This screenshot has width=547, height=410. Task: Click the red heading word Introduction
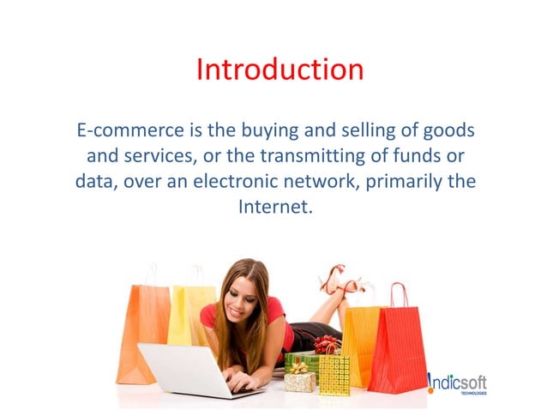click(280, 69)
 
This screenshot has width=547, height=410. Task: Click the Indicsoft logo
click(458, 383)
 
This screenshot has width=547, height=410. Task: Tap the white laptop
click(185, 370)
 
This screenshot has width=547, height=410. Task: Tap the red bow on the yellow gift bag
click(327, 344)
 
